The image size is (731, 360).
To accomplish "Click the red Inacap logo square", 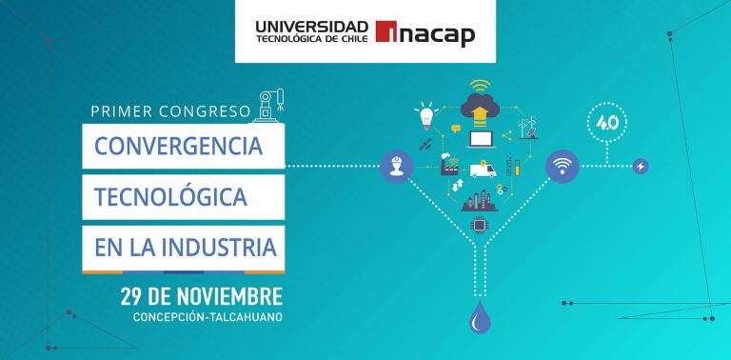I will (x=387, y=33).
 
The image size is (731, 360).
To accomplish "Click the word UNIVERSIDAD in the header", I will (x=312, y=25).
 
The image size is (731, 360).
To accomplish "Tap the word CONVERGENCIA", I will (x=179, y=147).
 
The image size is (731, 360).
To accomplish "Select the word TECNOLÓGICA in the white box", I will (x=170, y=197).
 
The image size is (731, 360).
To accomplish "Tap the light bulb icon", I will (x=425, y=118).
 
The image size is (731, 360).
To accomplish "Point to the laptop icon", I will (x=479, y=140).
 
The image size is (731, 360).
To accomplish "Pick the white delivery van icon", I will (x=482, y=171).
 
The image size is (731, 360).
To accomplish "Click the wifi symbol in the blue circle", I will (x=562, y=167).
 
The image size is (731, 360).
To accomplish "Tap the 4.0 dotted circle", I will (x=606, y=122).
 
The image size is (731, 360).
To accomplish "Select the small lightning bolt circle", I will (x=641, y=167).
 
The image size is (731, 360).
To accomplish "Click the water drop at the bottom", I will (x=478, y=319).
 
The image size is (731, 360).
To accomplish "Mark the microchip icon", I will (x=479, y=225).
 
